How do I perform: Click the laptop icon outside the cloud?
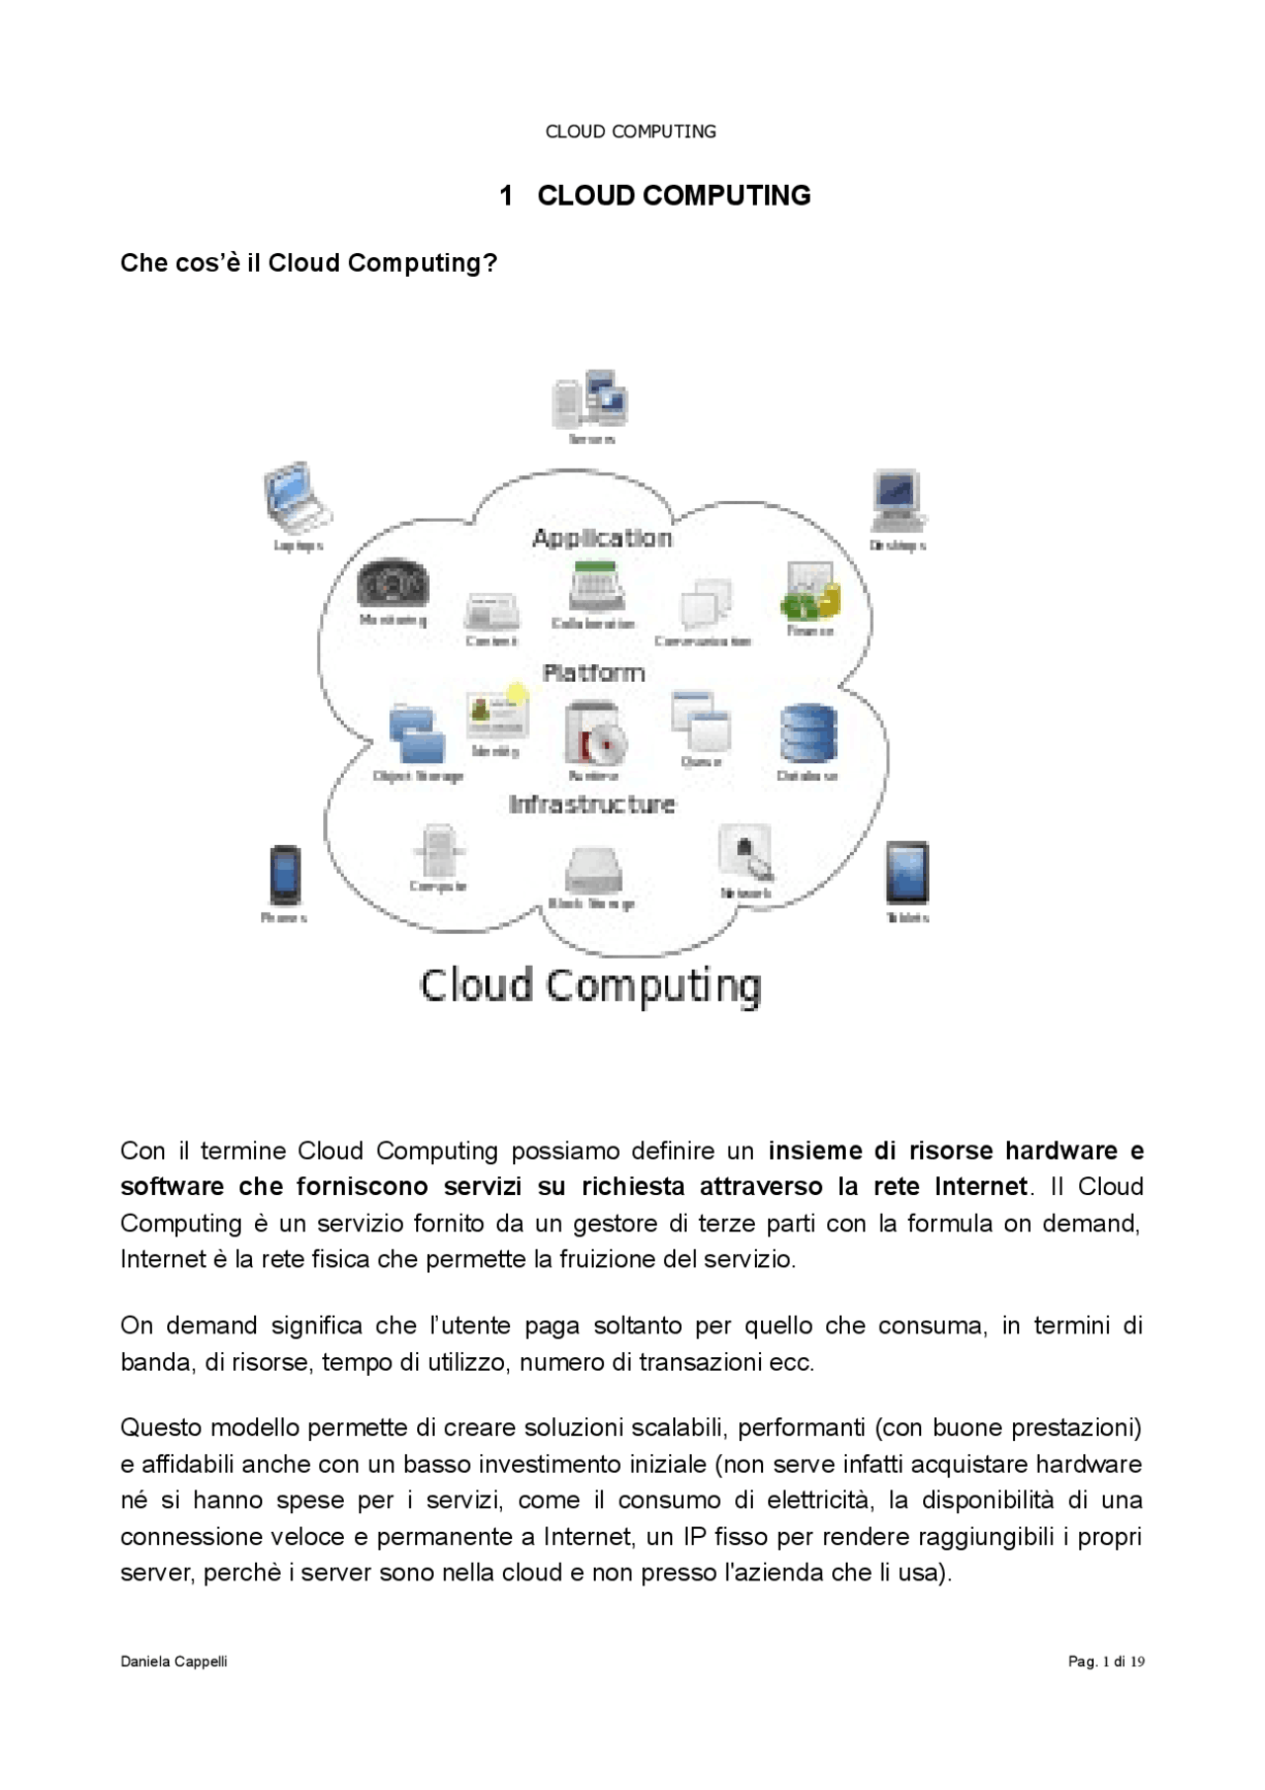pyautogui.click(x=296, y=497)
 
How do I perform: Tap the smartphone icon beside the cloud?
pyautogui.click(x=286, y=875)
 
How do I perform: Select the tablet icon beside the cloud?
pyautogui.click(x=906, y=872)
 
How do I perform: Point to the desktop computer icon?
pyautogui.click(x=897, y=502)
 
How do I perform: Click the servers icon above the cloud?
pyautogui.click(x=590, y=399)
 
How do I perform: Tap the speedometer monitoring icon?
pyautogui.click(x=392, y=586)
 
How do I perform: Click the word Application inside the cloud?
pyautogui.click(x=602, y=539)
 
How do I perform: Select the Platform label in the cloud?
pyautogui.click(x=594, y=673)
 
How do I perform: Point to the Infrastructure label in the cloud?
pyautogui.click(x=592, y=805)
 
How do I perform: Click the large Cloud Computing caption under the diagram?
pyautogui.click(x=591, y=985)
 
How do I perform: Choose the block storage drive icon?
pyautogui.click(x=593, y=870)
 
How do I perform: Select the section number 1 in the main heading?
pyautogui.click(x=506, y=196)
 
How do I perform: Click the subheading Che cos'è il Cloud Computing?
pyautogui.click(x=308, y=263)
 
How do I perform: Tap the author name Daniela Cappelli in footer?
pyautogui.click(x=174, y=1662)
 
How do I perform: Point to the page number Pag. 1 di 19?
pyautogui.click(x=1106, y=1662)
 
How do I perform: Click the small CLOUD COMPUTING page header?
pyautogui.click(x=631, y=131)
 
